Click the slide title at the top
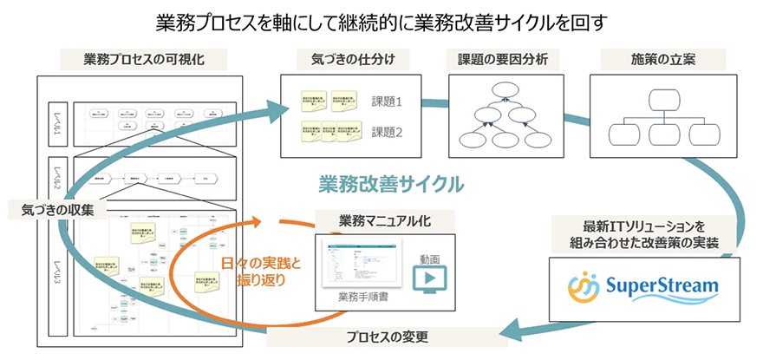381,19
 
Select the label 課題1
388,101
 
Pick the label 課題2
388,132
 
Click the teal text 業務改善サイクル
391,184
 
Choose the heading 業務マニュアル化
381,219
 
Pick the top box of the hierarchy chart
663,97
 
